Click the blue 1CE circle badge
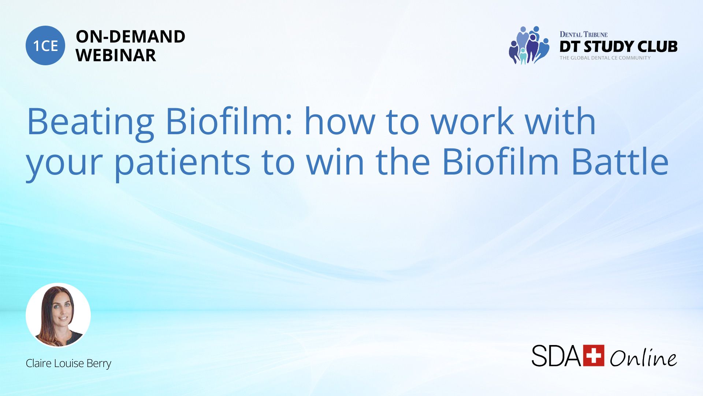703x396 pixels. pos(45,45)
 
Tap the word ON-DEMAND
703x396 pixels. pos(130,37)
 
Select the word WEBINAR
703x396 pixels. pos(116,55)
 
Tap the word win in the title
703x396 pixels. pos(335,161)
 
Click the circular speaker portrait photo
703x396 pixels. pos(58,315)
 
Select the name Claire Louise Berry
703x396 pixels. pos(68,363)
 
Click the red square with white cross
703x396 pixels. pos(594,355)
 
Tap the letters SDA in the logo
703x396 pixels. pos(556,355)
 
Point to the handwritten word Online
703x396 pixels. pos(643,357)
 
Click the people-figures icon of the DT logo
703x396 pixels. pos(529,45)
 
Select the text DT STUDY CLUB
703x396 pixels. pos(618,47)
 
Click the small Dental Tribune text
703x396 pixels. pos(584,34)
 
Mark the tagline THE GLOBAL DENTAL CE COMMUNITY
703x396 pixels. pos(605,58)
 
